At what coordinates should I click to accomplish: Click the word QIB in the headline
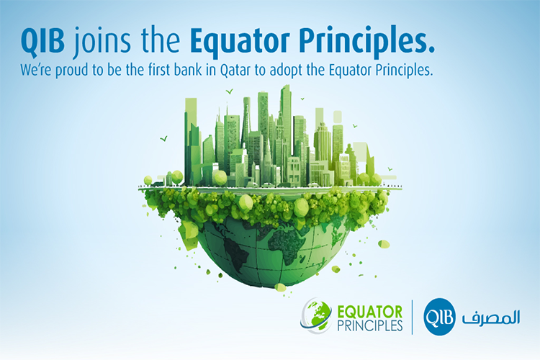tap(42, 40)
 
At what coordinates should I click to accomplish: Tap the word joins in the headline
tap(102, 42)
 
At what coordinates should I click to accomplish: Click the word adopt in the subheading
tap(286, 71)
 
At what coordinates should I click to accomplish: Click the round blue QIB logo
tap(439, 317)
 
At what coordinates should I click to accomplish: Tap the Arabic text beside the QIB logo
tap(490, 317)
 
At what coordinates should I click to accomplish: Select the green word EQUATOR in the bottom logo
tap(369, 312)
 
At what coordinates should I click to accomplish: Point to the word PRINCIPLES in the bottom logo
tap(369, 325)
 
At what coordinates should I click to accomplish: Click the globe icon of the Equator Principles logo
tap(317, 315)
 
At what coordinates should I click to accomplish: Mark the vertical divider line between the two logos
tap(413, 317)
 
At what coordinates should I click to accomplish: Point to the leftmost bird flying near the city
tap(164, 139)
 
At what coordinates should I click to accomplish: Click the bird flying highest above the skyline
tap(230, 91)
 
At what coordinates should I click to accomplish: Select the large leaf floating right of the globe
tap(384, 244)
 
